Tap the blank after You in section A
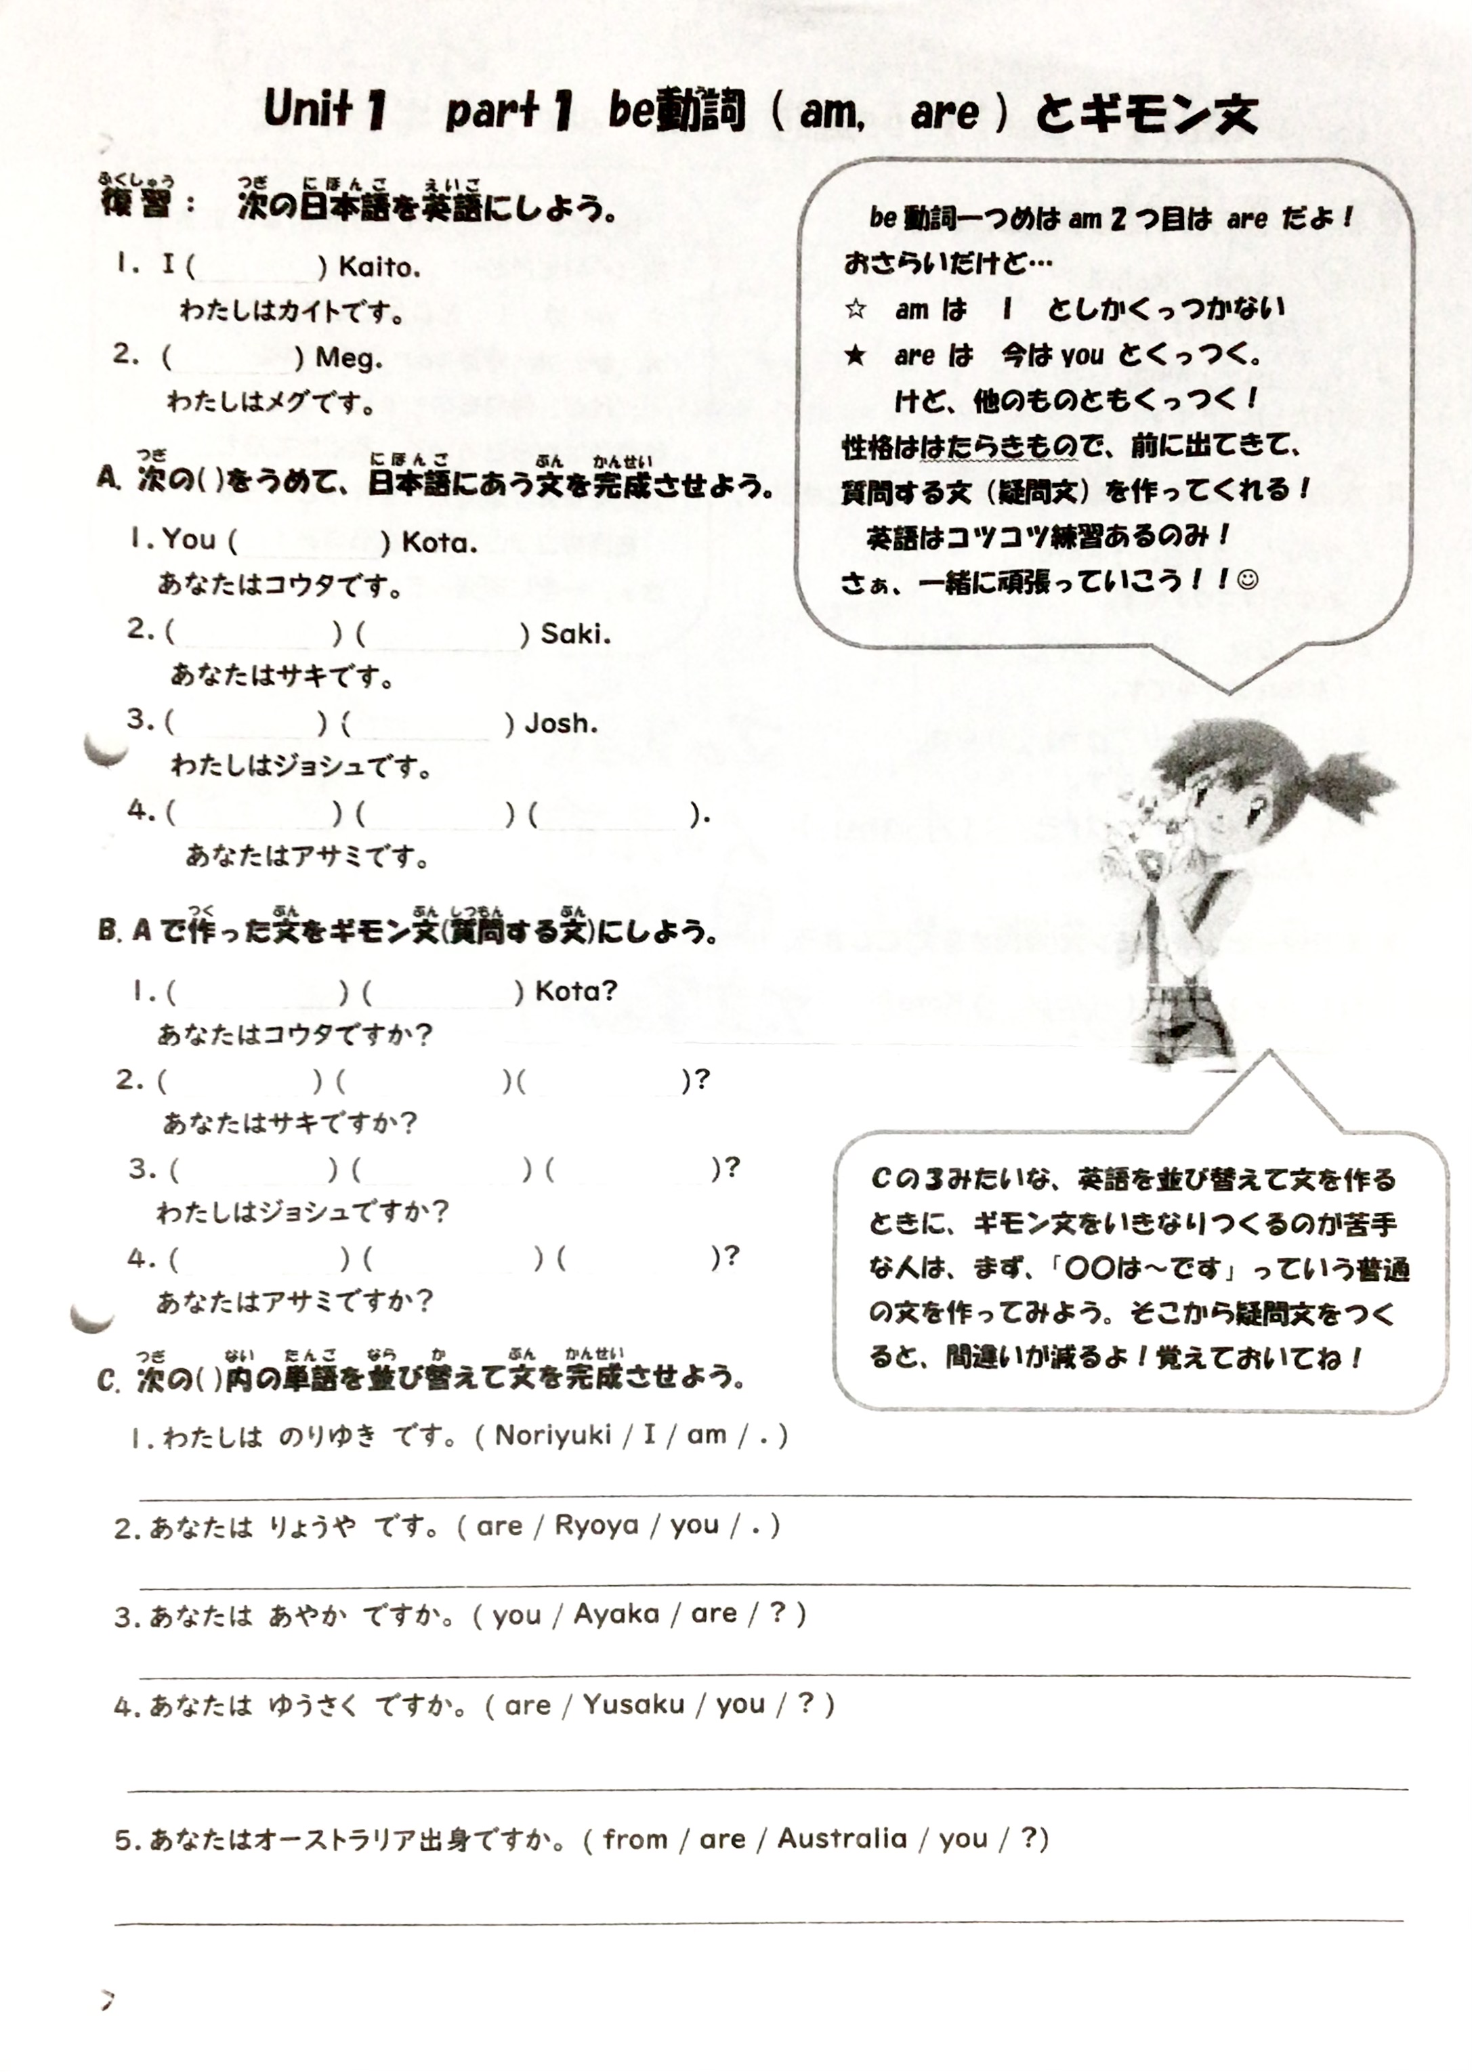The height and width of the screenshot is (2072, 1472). coord(308,542)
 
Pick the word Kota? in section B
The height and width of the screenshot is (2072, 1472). coord(576,991)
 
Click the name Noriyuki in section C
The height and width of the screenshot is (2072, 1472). coord(553,1435)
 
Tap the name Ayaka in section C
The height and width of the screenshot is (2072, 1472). coord(616,1614)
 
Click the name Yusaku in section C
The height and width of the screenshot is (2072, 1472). coord(633,1705)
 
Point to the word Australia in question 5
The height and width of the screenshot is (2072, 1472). coord(842,1838)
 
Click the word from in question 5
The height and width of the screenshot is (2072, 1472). coord(635,1839)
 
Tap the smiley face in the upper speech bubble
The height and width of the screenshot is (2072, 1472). coord(1248,579)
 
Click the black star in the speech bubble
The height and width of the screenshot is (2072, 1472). coord(855,354)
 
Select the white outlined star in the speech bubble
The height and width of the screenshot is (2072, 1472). coord(855,309)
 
